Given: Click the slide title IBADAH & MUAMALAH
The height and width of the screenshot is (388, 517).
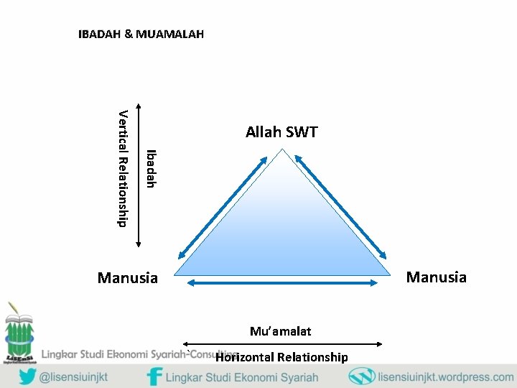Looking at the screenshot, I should [141, 34].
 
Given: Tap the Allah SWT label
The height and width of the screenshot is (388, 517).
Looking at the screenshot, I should [281, 132].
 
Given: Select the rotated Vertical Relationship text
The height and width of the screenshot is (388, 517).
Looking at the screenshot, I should [123, 167].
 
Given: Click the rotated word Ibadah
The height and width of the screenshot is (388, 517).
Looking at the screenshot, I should [149, 168].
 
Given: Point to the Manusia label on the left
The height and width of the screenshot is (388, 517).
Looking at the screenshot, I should [127, 277].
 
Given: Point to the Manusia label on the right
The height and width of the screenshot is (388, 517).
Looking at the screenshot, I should [436, 277].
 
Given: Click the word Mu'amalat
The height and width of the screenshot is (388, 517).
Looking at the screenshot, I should [280, 331].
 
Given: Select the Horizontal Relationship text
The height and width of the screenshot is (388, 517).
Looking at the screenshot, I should [281, 357].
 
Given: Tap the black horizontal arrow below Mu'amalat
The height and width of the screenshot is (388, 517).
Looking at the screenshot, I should [283, 343].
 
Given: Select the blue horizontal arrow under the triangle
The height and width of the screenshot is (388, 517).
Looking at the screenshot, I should [282, 283].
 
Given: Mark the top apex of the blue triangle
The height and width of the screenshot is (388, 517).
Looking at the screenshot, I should [282, 150].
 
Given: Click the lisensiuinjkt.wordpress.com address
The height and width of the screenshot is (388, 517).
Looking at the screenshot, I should [445, 377].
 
